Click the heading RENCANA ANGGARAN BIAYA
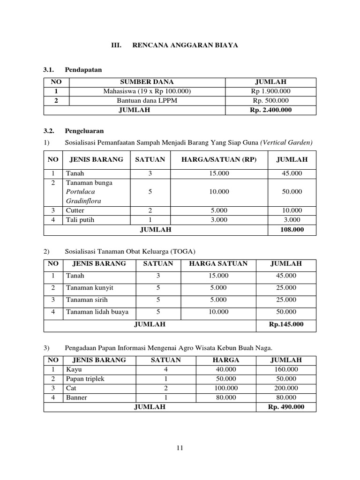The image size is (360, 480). pos(185,45)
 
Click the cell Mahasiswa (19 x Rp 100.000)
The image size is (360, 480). pos(147,91)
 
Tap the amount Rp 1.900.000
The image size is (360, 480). pos(270,91)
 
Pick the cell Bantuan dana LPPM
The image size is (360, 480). pos(147,100)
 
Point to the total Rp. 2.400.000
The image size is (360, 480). pos(270,110)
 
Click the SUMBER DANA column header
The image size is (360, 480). pos(147,82)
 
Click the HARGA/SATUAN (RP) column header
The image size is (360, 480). pos(219,159)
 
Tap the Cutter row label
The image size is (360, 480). pos(75,210)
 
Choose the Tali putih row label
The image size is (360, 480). pos(80,220)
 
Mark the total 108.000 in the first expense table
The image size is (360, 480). pos(292,230)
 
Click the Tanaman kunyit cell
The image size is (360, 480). pos(89,287)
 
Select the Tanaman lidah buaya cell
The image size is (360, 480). pos(97,312)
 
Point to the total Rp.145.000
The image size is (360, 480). pos(285,324)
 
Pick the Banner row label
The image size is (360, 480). pos(76,397)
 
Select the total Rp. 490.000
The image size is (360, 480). pos(285,407)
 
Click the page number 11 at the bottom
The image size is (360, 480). pos(180,448)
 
